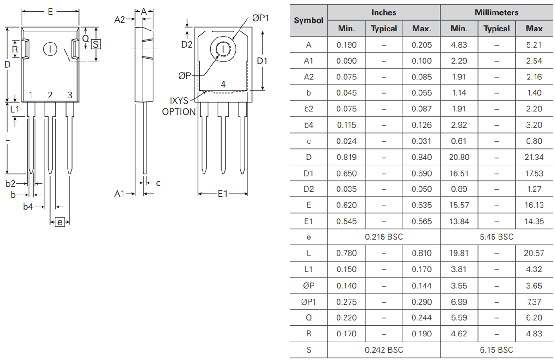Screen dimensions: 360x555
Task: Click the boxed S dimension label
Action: (x=96, y=44)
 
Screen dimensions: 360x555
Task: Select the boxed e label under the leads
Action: (x=60, y=222)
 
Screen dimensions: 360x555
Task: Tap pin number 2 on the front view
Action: (x=50, y=95)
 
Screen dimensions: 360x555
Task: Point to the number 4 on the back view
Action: (x=223, y=85)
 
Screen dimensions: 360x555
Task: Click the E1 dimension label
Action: (x=222, y=194)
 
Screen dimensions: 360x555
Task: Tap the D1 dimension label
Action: (x=262, y=61)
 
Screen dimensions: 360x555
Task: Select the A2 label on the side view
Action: (x=120, y=19)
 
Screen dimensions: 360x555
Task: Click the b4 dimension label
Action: (x=28, y=207)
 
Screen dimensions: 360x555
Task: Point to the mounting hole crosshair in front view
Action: (x=50, y=49)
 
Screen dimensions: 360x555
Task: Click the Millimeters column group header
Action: (x=496, y=12)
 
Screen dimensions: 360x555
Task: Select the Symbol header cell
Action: (x=308, y=20)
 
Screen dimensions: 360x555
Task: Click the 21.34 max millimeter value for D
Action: (x=534, y=157)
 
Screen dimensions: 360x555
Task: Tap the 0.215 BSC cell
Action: (x=384, y=237)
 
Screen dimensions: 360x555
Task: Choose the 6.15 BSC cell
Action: (x=496, y=349)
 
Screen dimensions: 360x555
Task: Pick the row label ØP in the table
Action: (x=308, y=286)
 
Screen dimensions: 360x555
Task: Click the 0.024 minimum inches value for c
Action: (x=346, y=141)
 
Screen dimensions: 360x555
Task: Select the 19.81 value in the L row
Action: (x=459, y=253)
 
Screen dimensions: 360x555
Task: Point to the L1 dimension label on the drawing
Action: (x=14, y=110)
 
